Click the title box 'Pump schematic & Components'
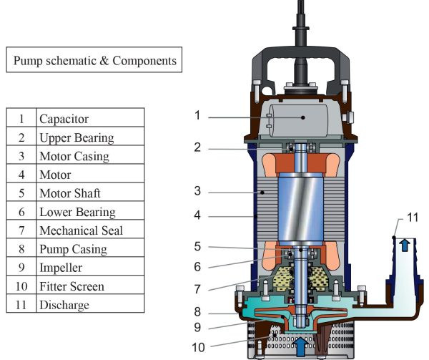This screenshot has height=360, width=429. click(93, 61)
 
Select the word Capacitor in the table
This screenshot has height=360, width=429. click(65, 119)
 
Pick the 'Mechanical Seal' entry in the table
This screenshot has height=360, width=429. click(81, 230)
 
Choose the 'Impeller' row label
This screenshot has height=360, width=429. click(61, 268)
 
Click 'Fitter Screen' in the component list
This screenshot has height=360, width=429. click(72, 286)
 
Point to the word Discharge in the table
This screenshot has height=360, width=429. click(65, 305)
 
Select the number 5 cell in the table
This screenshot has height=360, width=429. click(22, 193)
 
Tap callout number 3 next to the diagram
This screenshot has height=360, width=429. click(197, 191)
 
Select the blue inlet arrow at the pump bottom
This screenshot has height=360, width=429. click(300, 345)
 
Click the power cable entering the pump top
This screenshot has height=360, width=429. click(300, 14)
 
